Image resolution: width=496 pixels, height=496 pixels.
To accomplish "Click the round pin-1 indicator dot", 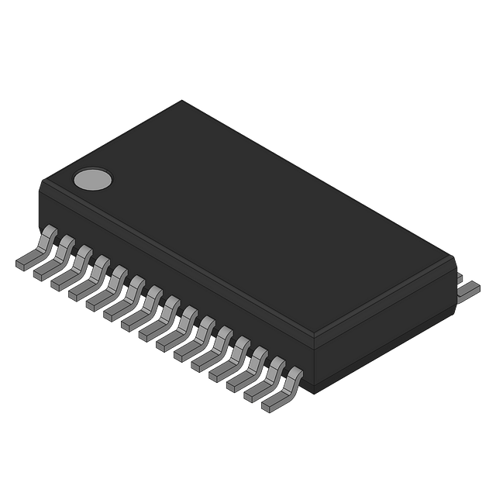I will click(x=92, y=180).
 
